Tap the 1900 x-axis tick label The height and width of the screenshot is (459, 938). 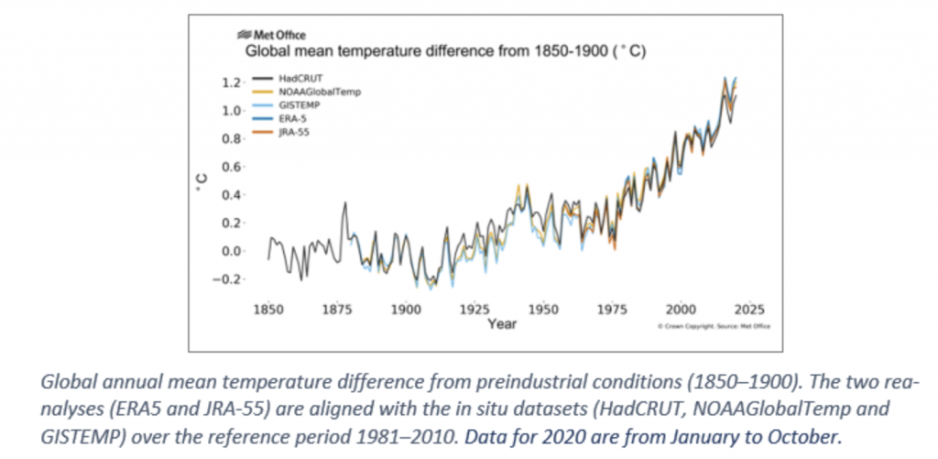[405, 310]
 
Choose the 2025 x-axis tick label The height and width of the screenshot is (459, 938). [748, 310]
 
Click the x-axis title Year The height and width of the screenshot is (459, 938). [501, 324]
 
